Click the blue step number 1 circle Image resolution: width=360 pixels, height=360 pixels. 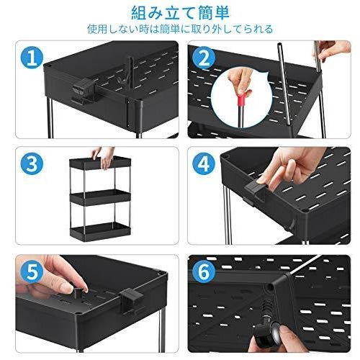[x=32, y=58]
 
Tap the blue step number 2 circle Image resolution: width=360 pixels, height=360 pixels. [x=204, y=58]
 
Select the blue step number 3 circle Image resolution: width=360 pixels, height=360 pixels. [x=32, y=164]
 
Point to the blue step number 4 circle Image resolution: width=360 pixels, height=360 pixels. [x=204, y=164]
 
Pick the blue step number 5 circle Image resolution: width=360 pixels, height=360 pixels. [x=32, y=272]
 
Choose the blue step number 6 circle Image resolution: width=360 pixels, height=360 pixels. [x=204, y=272]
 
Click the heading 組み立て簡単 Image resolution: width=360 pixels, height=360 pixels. [x=180, y=13]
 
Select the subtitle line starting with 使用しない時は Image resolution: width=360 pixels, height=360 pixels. [x=180, y=29]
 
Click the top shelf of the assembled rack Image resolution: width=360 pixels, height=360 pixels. [x=100, y=162]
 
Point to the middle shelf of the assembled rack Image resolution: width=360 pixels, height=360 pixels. [x=100, y=197]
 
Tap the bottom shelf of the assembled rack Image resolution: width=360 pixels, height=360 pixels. [x=100, y=231]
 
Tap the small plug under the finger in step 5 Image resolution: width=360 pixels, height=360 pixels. [x=77, y=293]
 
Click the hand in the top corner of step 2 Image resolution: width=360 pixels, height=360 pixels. [x=332, y=50]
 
